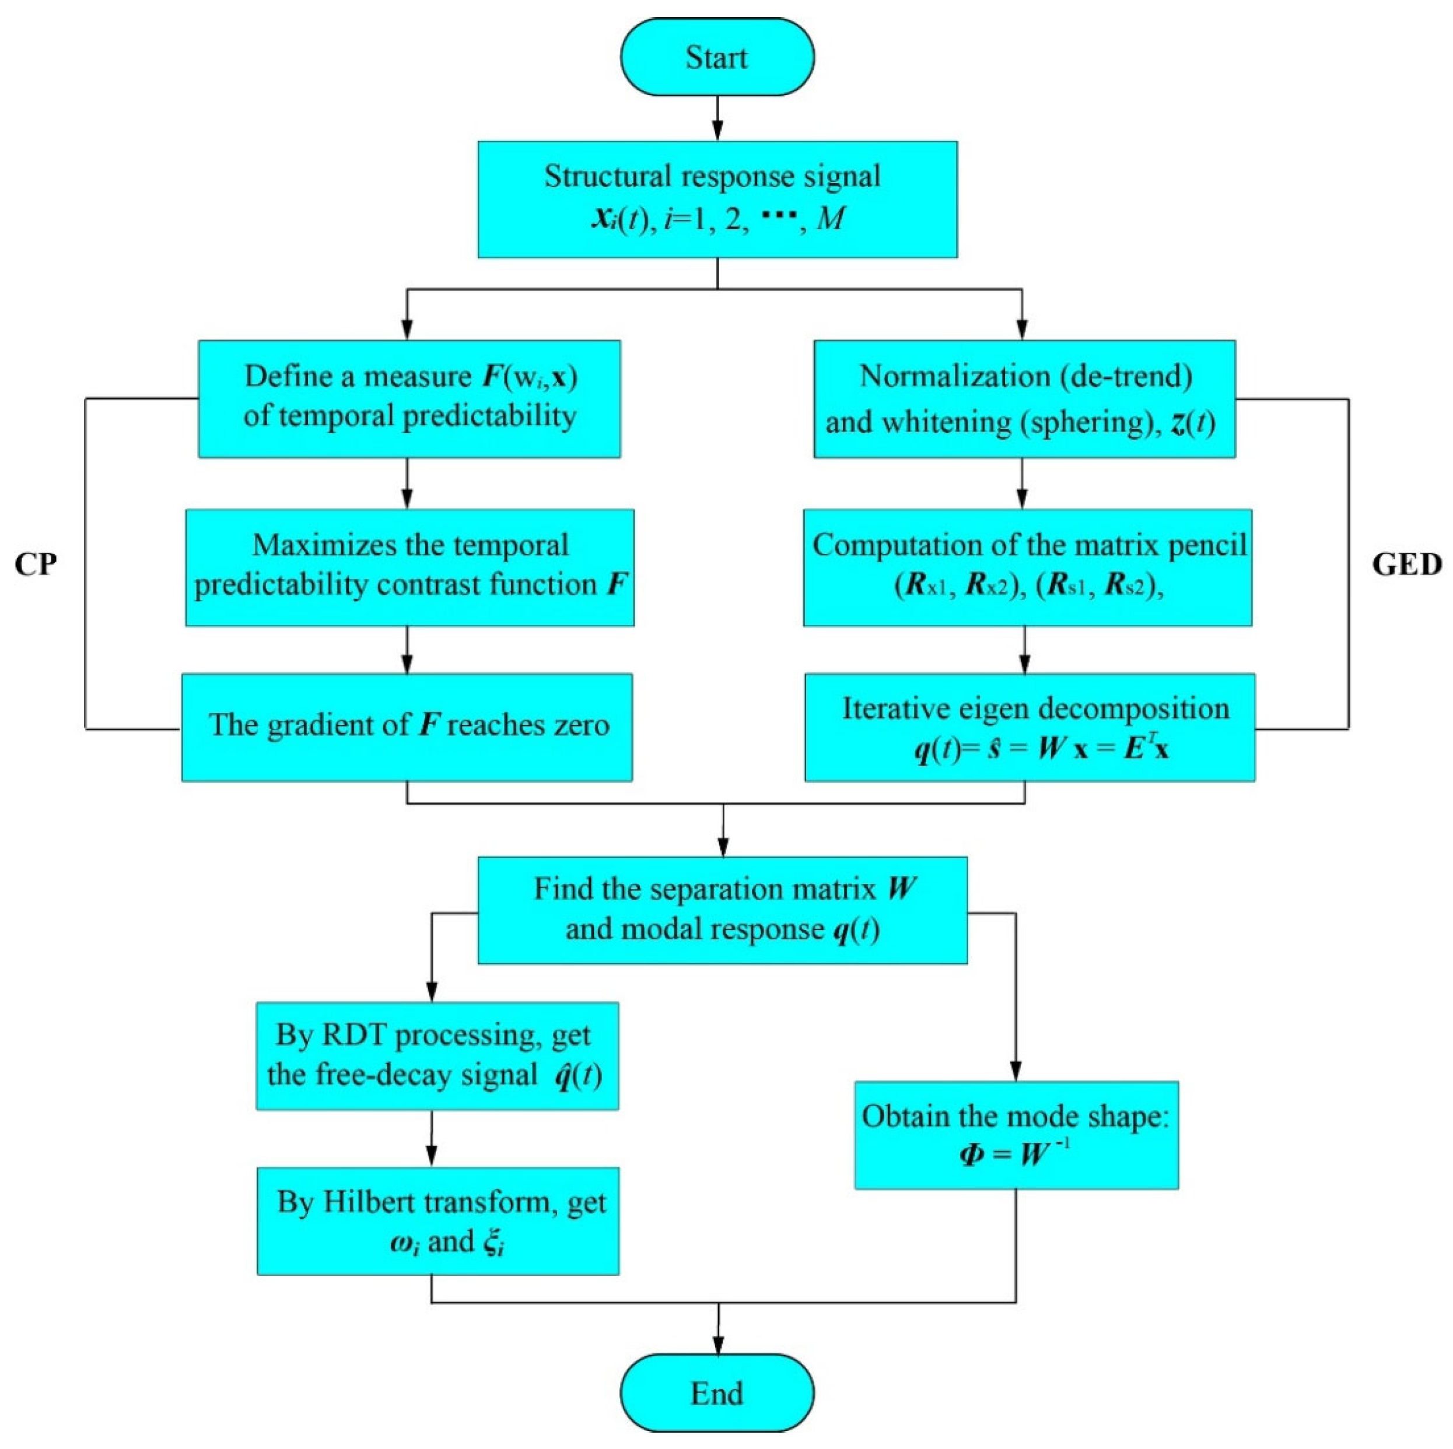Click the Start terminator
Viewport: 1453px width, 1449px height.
[x=717, y=58]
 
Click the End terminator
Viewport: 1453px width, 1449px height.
[x=717, y=1394]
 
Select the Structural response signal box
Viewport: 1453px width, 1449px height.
[x=717, y=199]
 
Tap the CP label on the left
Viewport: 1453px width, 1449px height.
[x=36, y=564]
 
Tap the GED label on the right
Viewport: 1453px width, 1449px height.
[x=1406, y=564]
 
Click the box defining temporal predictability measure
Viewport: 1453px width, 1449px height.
[x=409, y=398]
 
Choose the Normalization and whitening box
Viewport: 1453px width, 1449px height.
[x=1024, y=398]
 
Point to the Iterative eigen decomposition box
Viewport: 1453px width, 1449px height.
[x=1030, y=727]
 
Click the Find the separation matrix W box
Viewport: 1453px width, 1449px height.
[x=722, y=910]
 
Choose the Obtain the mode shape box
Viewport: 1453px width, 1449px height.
[x=1016, y=1135]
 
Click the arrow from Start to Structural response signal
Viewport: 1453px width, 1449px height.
[x=717, y=119]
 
